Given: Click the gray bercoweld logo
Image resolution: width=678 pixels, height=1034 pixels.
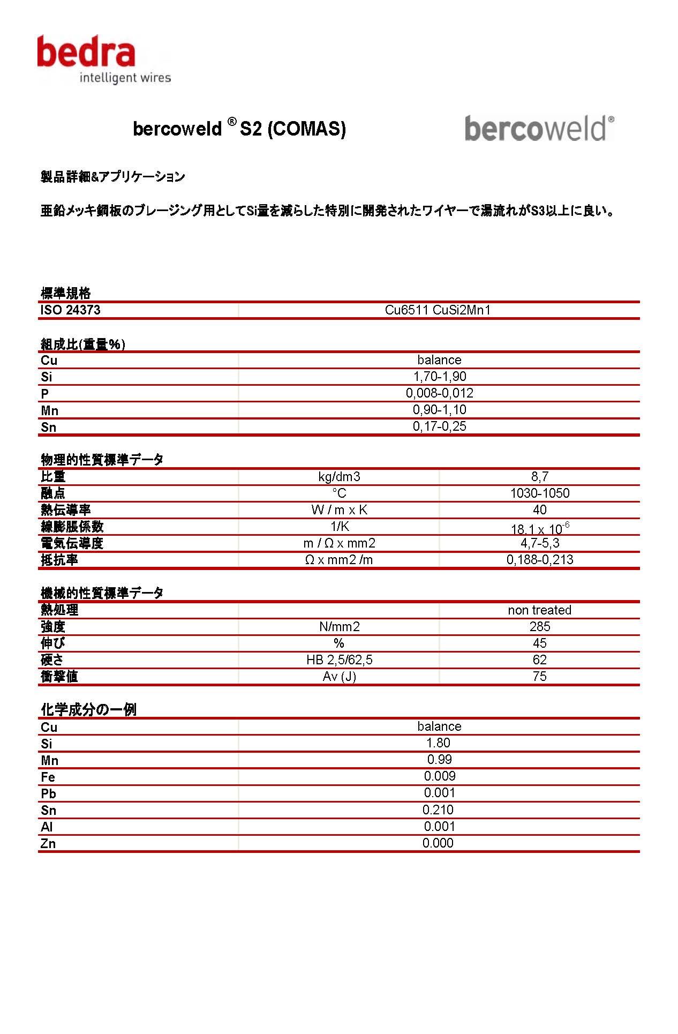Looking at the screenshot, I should click(x=539, y=129).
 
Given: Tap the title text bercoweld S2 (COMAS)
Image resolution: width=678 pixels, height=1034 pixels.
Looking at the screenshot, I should click(x=239, y=129).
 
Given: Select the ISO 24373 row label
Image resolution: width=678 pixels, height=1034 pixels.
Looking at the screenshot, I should click(x=71, y=310).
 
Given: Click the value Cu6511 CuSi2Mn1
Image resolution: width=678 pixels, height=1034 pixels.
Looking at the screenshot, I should click(x=438, y=310).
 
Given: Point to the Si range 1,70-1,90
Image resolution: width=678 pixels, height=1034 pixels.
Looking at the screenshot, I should click(x=439, y=377).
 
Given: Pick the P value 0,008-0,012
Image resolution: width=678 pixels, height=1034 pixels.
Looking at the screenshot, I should click(x=439, y=393).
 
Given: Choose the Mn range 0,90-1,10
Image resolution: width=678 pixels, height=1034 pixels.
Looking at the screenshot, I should click(x=439, y=410).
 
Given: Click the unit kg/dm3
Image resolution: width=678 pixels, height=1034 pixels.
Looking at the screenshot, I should click(x=339, y=477).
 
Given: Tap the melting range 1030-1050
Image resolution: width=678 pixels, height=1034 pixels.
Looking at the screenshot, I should click(x=539, y=493).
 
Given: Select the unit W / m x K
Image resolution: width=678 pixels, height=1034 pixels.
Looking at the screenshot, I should click(x=339, y=510).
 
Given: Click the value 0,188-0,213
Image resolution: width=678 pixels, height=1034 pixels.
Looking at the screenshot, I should click(x=539, y=560).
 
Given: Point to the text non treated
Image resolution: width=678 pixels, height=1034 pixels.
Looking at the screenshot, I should click(x=539, y=610).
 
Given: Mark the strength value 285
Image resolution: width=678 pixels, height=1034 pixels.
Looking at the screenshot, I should click(x=539, y=627).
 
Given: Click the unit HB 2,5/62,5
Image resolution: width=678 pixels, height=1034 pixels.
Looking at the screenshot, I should click(x=339, y=660).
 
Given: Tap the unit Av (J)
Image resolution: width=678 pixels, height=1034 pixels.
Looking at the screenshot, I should click(x=339, y=677).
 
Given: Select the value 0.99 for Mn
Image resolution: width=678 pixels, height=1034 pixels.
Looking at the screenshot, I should click(x=439, y=760).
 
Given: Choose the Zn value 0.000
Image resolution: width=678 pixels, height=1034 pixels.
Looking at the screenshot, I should click(x=438, y=843).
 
